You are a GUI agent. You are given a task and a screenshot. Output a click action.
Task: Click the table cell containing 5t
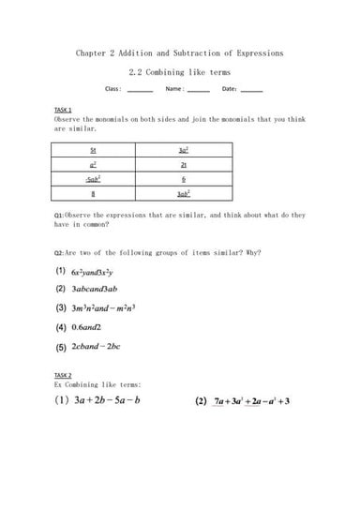coord(93,150)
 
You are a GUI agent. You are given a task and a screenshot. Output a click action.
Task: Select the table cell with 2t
coord(184,164)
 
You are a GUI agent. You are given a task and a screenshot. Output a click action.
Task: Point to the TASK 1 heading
coord(64,111)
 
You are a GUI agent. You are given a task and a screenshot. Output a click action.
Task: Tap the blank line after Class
coord(140,91)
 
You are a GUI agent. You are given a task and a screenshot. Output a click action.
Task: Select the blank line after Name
coord(198,91)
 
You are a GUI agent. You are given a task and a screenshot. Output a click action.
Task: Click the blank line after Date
coord(251,91)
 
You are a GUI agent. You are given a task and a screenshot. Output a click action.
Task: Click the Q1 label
coord(59,215)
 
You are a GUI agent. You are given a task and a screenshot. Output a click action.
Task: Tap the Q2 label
coord(59,251)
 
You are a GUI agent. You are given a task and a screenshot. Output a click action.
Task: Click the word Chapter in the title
coord(92,52)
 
